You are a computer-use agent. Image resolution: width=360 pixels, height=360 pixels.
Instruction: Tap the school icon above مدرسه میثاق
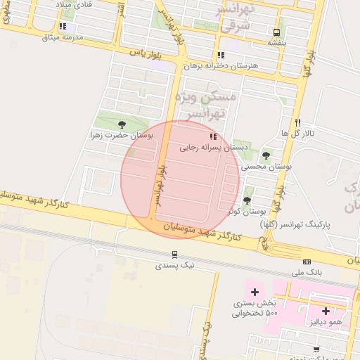click(63, 26)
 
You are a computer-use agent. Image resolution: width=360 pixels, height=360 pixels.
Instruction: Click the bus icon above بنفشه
click(276, 32)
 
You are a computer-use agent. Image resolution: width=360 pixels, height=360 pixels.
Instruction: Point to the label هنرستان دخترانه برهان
click(221, 65)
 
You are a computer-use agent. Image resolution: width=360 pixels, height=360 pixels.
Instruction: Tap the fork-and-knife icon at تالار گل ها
click(298, 122)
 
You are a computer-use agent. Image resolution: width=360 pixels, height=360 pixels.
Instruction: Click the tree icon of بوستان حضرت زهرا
click(124, 124)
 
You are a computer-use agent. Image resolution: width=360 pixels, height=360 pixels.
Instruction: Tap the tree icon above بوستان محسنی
click(266, 155)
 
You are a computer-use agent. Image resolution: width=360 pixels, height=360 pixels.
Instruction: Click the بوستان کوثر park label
click(246, 210)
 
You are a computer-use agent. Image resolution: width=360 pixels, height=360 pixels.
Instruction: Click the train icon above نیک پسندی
click(174, 255)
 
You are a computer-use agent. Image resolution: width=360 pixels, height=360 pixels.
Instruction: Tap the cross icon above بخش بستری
click(255, 292)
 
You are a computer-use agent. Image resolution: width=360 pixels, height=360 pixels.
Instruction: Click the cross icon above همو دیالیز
click(326, 310)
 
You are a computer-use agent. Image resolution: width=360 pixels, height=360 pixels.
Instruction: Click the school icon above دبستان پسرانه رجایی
click(212, 136)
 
